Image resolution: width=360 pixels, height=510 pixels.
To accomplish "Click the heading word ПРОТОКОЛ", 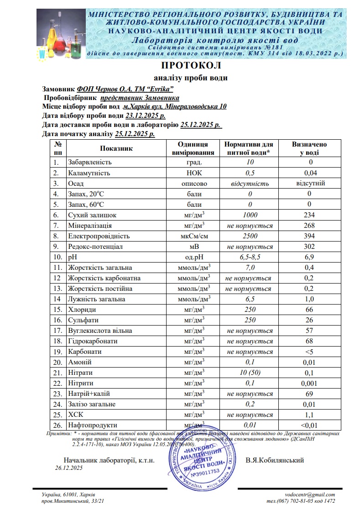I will [x=191, y=65].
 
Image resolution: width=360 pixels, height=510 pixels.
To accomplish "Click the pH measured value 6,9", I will [x=310, y=257].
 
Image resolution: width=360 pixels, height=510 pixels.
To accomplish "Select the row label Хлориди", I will [x=82, y=310].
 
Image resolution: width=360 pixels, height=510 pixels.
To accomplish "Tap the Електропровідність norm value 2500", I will [x=250, y=236].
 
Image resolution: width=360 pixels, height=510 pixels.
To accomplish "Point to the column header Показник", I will [x=116, y=148].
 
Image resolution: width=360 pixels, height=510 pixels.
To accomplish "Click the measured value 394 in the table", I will [x=310, y=236].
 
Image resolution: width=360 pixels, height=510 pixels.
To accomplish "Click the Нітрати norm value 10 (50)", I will [x=250, y=373].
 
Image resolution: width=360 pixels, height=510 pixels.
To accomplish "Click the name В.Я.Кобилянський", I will [x=275, y=460].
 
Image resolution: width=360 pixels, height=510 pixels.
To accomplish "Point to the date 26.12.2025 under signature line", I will [x=68, y=468].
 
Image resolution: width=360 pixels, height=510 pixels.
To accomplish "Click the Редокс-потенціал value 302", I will [x=310, y=247].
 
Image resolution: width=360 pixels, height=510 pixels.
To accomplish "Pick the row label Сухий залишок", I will [x=92, y=215].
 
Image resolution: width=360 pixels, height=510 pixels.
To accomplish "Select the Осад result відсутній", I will [x=310, y=184].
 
